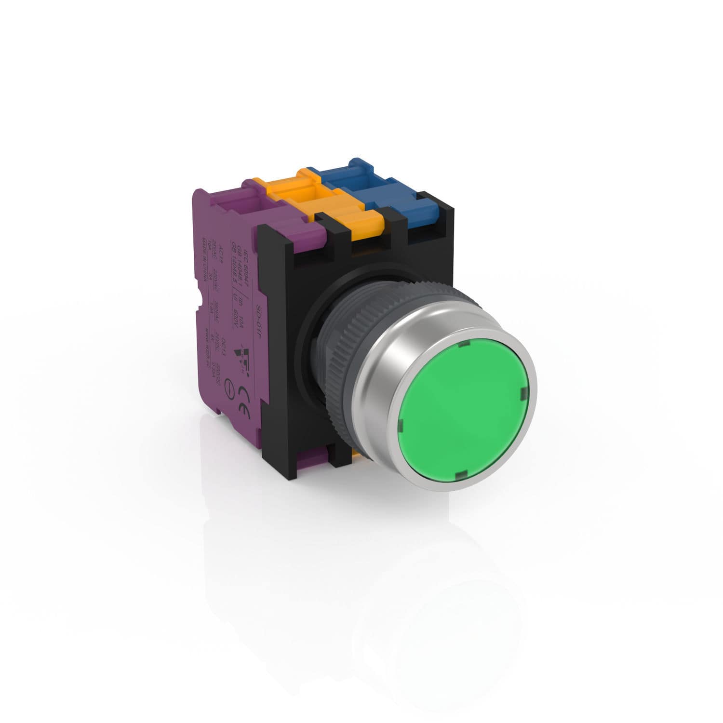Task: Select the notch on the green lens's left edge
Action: coord(400,424)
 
